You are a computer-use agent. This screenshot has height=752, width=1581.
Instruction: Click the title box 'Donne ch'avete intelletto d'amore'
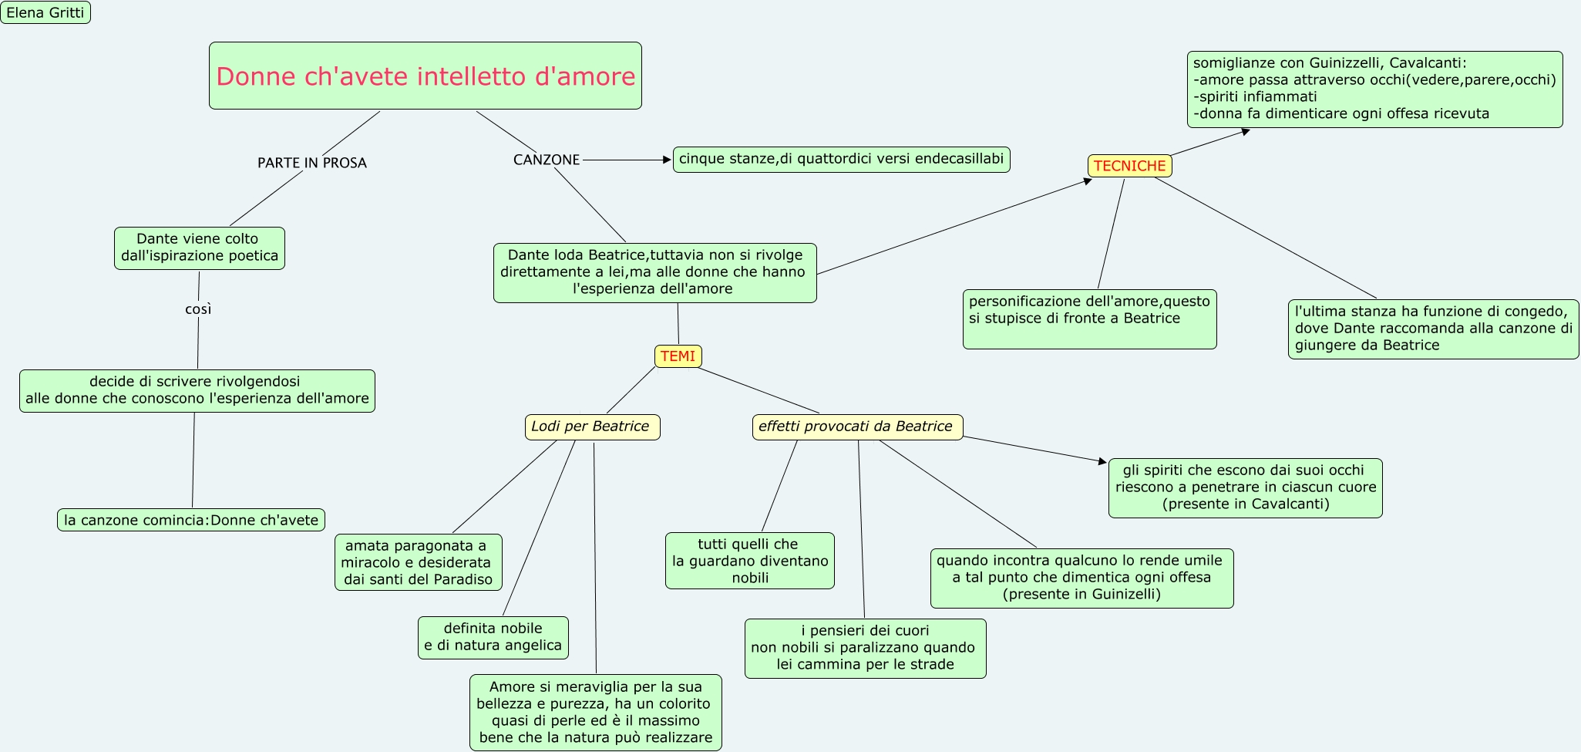pos(425,76)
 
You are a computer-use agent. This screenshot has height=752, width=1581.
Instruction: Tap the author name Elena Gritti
pos(45,12)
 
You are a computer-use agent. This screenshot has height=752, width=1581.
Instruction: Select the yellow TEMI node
pos(678,356)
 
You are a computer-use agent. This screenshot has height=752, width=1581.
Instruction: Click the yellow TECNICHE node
pos(1129,166)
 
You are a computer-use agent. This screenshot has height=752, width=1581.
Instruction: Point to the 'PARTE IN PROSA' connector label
pos(311,163)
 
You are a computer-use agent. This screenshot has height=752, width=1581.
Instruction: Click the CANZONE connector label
pos(546,160)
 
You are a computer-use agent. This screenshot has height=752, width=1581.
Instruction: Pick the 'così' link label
pos(198,309)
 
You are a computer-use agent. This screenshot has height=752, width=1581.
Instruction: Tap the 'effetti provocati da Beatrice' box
pos(856,427)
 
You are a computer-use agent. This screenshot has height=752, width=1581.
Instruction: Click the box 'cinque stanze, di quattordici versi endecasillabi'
pos(841,160)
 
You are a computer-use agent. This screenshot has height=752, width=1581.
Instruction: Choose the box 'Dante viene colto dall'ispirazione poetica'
pos(199,248)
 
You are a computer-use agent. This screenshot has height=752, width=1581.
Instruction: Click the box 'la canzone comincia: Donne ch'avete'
pos(191,520)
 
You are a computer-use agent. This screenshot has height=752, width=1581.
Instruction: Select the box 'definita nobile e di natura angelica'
pos(493,637)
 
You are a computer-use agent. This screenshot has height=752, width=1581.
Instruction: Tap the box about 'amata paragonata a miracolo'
pos(418,562)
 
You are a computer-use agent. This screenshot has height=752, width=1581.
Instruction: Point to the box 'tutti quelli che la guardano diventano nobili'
pos(749,561)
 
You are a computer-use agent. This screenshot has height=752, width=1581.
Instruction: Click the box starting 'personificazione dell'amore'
pos(1089,319)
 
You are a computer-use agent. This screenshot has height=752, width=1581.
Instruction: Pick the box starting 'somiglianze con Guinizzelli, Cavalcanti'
pos(1374,89)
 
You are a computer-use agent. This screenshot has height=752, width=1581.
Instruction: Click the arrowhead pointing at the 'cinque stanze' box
pos(668,160)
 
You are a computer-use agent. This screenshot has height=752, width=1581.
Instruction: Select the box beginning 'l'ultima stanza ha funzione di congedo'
pos(1433,329)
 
